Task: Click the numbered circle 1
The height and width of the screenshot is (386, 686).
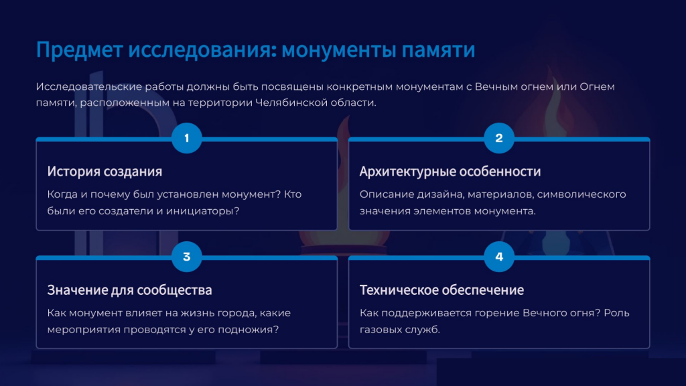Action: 187,138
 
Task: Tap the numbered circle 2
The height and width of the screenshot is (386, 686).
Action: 499,138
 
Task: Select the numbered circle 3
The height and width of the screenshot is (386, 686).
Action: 187,257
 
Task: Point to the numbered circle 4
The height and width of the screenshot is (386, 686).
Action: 499,257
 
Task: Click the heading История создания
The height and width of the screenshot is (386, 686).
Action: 105,172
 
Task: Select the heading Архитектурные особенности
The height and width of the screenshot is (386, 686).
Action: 450,172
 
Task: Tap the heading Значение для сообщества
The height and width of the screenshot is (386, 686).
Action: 129,290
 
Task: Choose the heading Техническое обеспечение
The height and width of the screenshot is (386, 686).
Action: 442,290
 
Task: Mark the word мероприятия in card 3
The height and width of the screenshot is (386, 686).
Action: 84,330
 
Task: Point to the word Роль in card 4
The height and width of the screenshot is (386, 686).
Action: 616,314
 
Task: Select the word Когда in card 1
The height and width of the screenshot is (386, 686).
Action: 62,195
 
